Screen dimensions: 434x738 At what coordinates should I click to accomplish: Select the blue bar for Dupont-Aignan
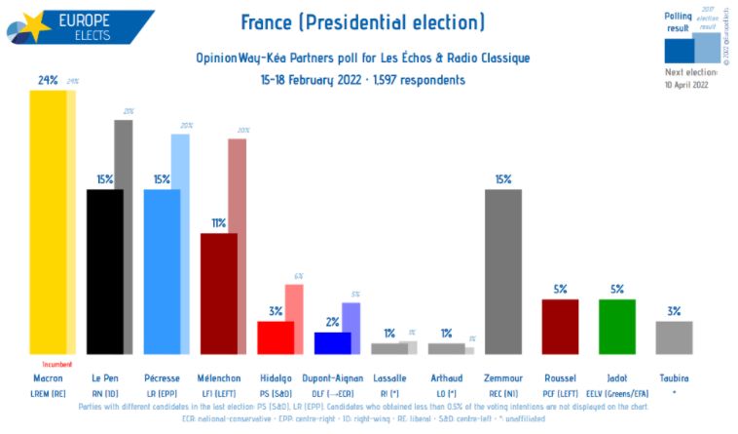pyautogui.click(x=332, y=342)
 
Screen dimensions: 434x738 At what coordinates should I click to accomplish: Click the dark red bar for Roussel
pyautogui.click(x=560, y=326)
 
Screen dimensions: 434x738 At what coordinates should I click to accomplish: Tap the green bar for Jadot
pyautogui.click(x=616, y=326)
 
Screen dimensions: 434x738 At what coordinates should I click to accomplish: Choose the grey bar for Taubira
pyautogui.click(x=673, y=336)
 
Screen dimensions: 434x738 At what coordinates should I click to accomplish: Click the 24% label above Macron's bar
pyautogui.click(x=48, y=80)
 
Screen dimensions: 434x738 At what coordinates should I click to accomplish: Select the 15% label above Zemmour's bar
pyautogui.click(x=502, y=179)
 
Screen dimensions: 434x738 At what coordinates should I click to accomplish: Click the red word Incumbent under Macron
pyautogui.click(x=56, y=364)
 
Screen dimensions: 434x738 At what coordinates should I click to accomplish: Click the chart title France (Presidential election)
pyautogui.click(x=362, y=22)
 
